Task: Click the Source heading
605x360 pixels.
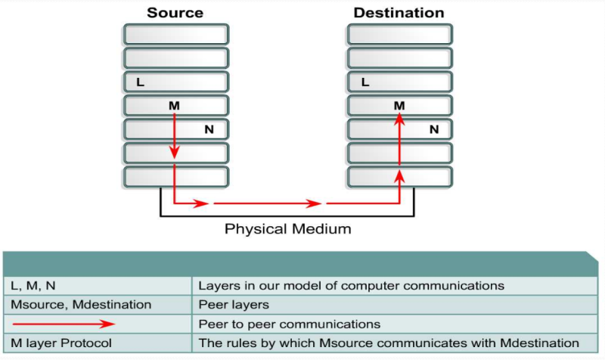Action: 175,13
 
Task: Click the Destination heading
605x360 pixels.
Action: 399,13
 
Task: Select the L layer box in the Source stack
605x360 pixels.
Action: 175,82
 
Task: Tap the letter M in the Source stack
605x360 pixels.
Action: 174,106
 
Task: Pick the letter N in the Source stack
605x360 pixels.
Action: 209,129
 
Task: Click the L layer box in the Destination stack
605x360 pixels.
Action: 399,82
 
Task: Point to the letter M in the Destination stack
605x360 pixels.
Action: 399,106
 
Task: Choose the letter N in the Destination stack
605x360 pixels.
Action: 434,129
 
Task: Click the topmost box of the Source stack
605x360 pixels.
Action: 175,34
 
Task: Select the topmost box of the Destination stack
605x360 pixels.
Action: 399,34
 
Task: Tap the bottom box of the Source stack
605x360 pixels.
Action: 175,177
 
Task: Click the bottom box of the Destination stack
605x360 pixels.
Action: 399,177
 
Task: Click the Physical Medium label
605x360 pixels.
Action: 288,228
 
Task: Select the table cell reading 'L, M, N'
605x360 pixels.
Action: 98,286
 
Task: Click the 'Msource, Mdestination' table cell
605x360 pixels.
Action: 98,305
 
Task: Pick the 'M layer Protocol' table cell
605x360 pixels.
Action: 98,343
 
